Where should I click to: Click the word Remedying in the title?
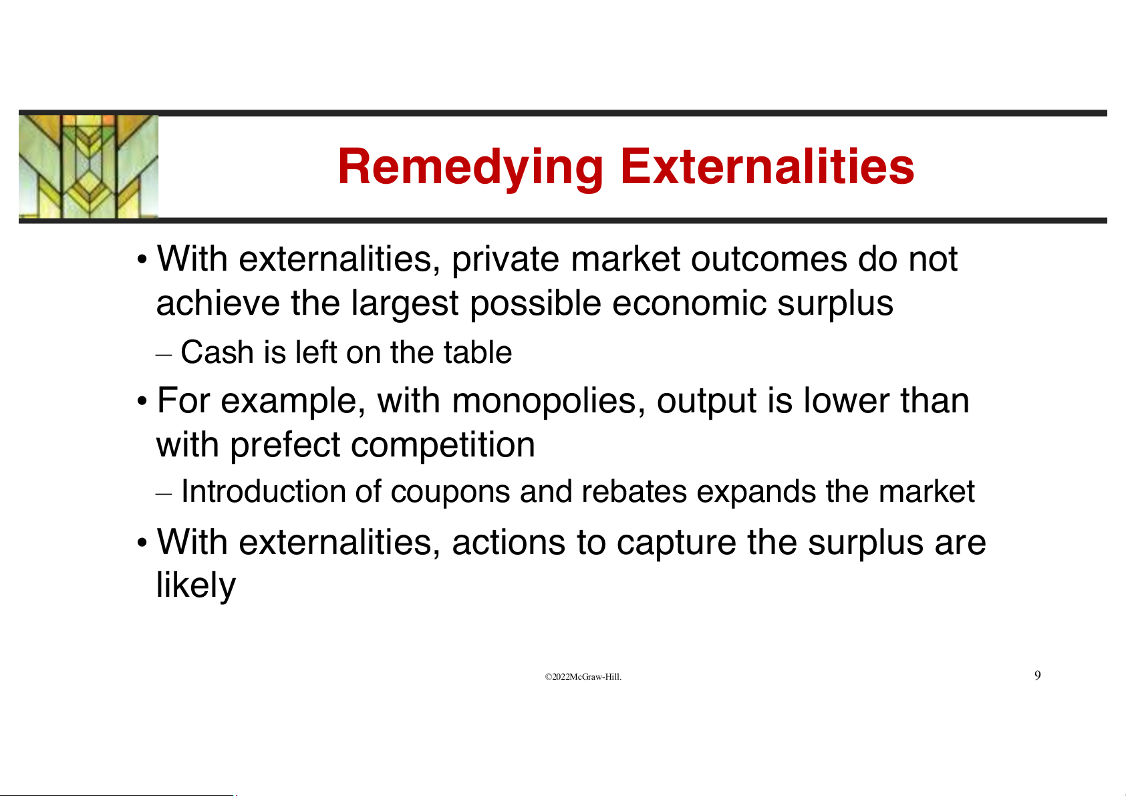pyautogui.click(x=470, y=168)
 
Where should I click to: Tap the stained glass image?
pyautogui.click(x=88, y=166)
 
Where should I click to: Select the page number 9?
pyautogui.click(x=1038, y=675)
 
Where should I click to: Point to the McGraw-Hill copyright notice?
pyautogui.click(x=583, y=677)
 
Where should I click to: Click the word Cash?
pyautogui.click(x=217, y=352)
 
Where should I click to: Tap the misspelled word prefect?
pyautogui.click(x=285, y=446)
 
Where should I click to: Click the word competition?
pyautogui.click(x=443, y=446)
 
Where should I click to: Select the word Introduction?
pyautogui.click(x=263, y=491)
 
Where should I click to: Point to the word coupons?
pyautogui.click(x=450, y=493)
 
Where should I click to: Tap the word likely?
pyautogui.click(x=196, y=585)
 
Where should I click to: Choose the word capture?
pyautogui.click(x=676, y=544)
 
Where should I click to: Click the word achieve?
pyautogui.click(x=218, y=303)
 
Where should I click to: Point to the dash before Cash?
pyautogui.click(x=164, y=355)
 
